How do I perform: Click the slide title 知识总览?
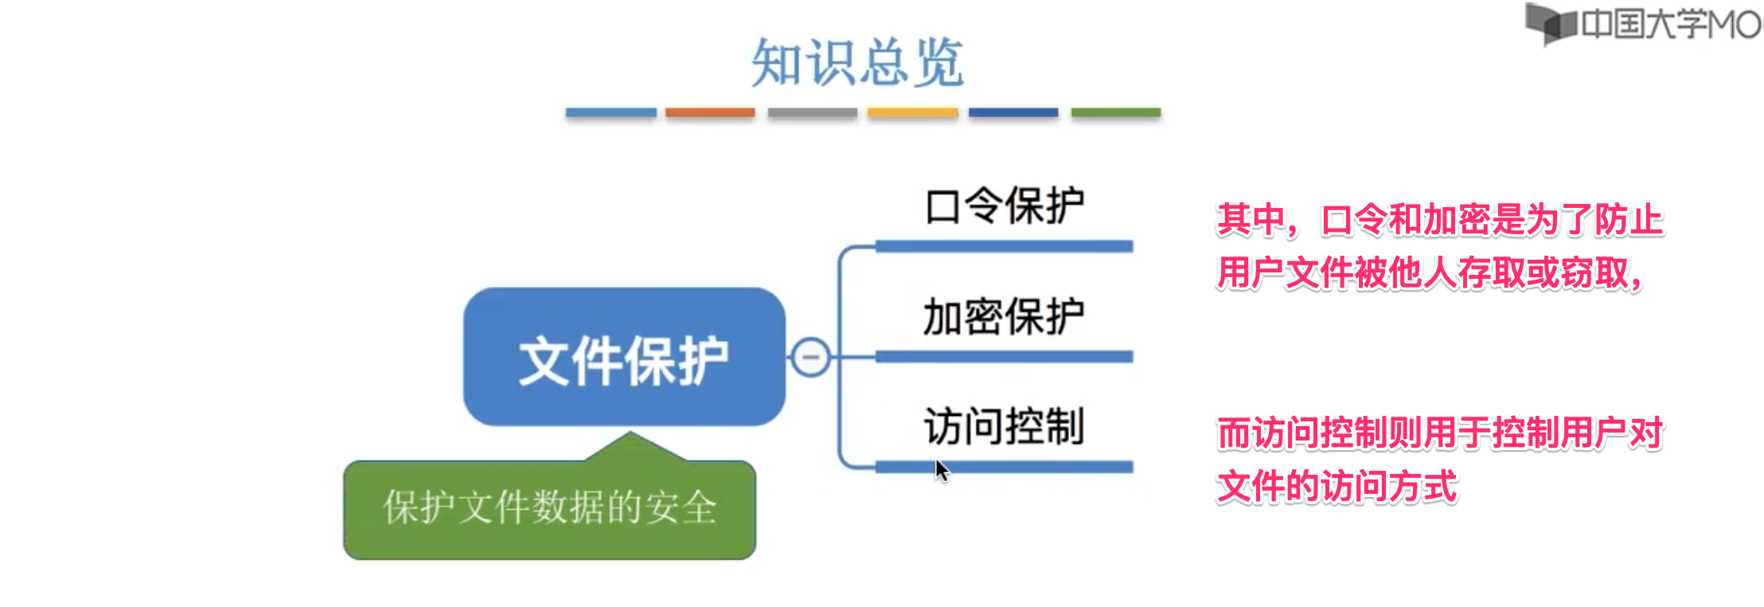857,62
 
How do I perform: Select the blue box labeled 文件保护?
624,358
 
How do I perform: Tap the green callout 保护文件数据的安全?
549,508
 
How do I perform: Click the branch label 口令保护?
1004,206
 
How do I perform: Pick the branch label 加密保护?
1004,316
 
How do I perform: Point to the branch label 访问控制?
1004,426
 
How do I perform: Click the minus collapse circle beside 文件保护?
811,357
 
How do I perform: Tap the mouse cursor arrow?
942,470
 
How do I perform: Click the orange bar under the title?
709,113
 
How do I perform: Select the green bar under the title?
1115,113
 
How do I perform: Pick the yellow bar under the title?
912,113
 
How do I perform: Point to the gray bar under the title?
812,113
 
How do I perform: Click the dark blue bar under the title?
1013,113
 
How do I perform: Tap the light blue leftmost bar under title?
611,113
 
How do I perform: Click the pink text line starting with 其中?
1439,221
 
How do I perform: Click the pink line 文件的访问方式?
1337,486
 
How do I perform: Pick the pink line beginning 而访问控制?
1439,433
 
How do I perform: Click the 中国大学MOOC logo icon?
1550,23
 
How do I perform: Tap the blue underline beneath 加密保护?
1004,357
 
